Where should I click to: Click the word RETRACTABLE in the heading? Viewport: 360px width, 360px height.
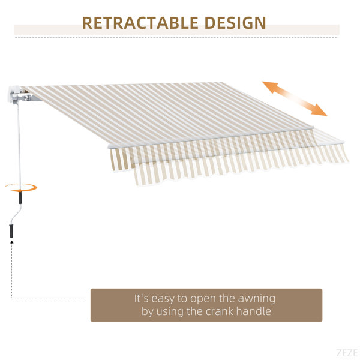point(140,23)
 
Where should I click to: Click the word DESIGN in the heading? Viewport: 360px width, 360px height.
point(235,23)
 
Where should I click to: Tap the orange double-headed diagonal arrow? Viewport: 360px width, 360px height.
point(295,98)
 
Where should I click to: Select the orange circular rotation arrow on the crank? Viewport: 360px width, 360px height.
point(22,188)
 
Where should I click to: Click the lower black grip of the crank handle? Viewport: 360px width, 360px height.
point(11,231)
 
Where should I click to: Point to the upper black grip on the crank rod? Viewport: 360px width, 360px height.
point(20,197)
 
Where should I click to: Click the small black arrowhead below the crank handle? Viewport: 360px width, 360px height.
point(12,242)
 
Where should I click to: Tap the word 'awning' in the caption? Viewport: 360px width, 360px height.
point(256,299)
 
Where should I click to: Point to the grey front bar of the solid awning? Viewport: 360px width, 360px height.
point(211,138)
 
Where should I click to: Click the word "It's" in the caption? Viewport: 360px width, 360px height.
point(142,298)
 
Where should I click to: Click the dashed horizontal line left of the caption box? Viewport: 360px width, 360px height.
point(49,298)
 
